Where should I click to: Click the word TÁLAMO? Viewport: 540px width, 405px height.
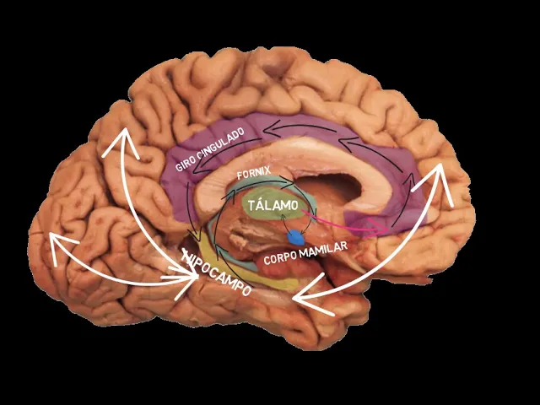pyautogui.click(x=273, y=206)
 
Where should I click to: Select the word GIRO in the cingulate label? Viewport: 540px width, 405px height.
pyautogui.click(x=187, y=163)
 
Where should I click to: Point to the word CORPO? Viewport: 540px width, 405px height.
pyautogui.click(x=280, y=257)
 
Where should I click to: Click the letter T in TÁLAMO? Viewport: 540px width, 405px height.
pyautogui.click(x=252, y=207)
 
